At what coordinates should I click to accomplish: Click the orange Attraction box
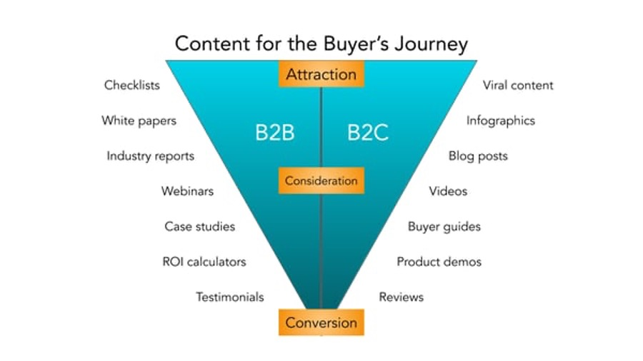(x=321, y=74)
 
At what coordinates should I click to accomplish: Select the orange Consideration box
(x=321, y=180)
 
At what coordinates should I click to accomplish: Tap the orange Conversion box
(x=321, y=322)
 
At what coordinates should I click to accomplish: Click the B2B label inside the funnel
(x=275, y=133)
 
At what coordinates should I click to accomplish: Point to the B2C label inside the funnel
(x=368, y=133)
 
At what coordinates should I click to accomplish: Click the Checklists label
(x=131, y=85)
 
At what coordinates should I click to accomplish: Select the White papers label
(x=139, y=121)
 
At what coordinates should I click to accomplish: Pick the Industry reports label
(x=151, y=156)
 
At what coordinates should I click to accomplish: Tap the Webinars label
(x=187, y=191)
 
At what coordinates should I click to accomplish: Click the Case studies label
(x=200, y=226)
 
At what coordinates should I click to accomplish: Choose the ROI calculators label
(x=204, y=262)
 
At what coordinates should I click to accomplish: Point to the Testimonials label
(x=229, y=297)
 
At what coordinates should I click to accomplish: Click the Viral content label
(x=518, y=85)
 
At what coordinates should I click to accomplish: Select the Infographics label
(x=501, y=121)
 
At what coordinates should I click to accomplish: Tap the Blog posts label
(x=478, y=156)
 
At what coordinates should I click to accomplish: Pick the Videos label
(x=448, y=191)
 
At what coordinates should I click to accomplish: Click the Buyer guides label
(x=444, y=227)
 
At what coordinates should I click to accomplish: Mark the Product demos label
(x=439, y=262)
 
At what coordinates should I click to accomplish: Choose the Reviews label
(x=401, y=297)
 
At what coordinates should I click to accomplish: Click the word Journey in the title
(x=431, y=44)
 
